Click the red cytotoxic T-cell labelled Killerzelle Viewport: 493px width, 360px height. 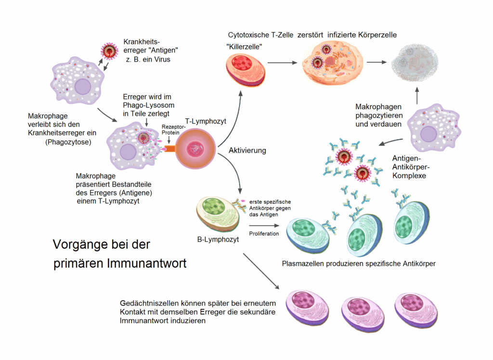[x=246, y=69]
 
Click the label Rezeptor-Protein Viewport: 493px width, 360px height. [x=171, y=129]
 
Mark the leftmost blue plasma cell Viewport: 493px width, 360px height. [x=309, y=233]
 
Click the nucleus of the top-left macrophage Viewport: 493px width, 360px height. [x=82, y=87]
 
